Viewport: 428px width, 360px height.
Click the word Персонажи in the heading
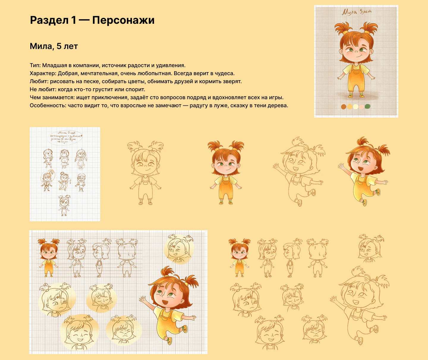point(123,20)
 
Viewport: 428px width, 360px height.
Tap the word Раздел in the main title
point(49,20)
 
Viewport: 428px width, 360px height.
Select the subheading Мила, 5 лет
point(54,46)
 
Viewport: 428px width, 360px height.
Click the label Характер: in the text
point(43,73)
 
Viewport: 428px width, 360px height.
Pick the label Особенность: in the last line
point(48,105)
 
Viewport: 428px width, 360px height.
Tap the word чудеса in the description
point(225,73)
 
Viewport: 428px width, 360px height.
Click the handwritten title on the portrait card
point(356,12)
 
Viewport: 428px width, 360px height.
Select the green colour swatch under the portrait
point(368,106)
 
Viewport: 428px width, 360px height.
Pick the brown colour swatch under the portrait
point(344,106)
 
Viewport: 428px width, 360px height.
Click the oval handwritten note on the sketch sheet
point(65,138)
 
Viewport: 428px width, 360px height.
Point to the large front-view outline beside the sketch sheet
point(145,173)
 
